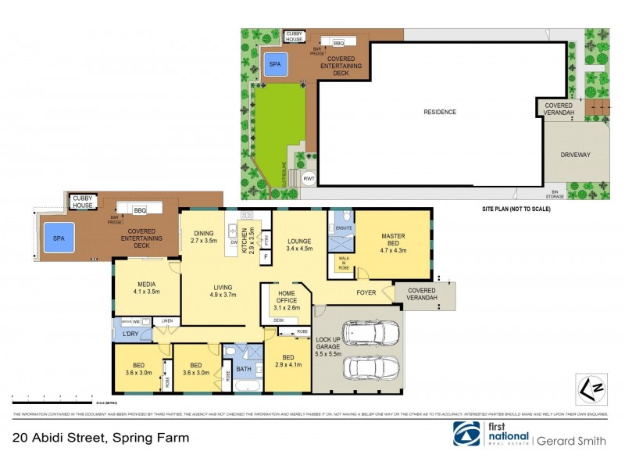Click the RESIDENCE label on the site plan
(440, 112)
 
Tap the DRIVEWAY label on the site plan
(575, 155)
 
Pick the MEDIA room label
(147, 286)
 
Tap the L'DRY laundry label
(130, 334)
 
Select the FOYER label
(366, 293)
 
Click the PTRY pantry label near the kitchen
(266, 238)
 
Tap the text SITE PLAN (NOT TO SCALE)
(516, 209)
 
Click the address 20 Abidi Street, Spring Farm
(101, 439)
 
